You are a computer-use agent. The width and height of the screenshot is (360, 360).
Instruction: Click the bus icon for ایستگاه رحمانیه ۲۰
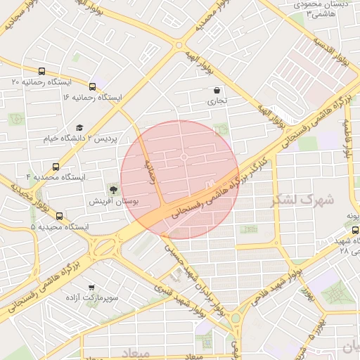tap(42, 71)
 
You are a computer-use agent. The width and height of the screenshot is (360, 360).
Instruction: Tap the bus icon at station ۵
tap(59, 217)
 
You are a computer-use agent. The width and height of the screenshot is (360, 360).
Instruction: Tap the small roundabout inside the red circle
tap(184, 157)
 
